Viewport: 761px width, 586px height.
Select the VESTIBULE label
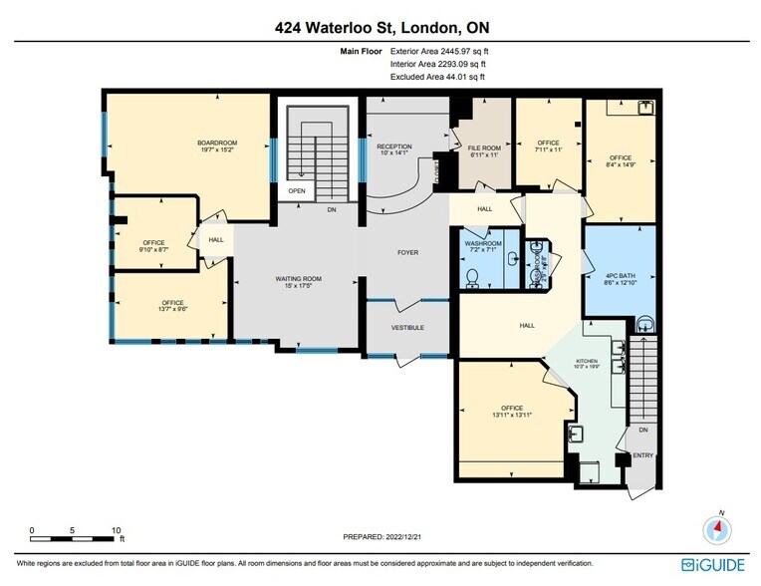406,327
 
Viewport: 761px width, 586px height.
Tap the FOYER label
407,252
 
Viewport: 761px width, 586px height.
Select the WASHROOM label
482,241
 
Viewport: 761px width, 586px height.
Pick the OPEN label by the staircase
297,191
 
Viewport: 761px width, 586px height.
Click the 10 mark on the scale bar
117,529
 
